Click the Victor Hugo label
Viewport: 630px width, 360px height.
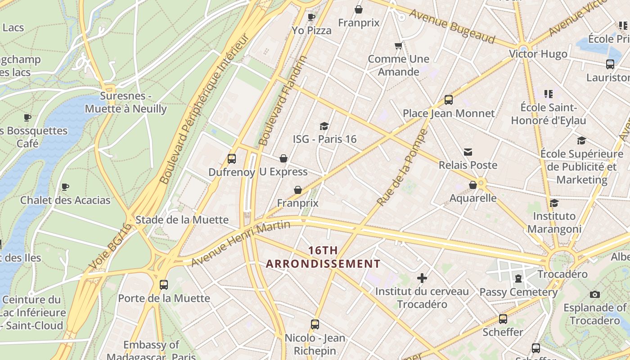[538, 54]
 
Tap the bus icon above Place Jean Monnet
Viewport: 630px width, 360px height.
[448, 100]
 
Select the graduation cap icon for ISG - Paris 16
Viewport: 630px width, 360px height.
[324, 126]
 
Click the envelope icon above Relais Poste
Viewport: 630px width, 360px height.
[468, 152]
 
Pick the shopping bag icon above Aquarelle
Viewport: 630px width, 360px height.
[473, 185]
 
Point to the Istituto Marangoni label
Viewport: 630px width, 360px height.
[554, 222]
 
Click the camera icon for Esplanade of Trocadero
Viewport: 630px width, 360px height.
[595, 295]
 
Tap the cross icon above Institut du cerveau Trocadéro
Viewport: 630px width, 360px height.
[422, 278]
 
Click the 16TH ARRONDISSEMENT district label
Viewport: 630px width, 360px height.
[323, 257]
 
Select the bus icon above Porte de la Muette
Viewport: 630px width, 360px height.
[164, 285]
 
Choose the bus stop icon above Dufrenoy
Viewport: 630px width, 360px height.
[232, 159]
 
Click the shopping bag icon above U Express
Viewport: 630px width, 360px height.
[283, 158]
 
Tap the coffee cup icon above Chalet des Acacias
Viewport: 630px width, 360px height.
[65, 187]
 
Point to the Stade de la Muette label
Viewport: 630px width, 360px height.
[182, 220]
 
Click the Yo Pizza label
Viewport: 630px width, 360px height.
[311, 31]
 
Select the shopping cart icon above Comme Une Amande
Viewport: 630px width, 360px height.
[398, 46]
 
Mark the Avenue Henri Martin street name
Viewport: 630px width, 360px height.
[240, 243]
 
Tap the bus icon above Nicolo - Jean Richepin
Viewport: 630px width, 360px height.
[315, 324]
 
